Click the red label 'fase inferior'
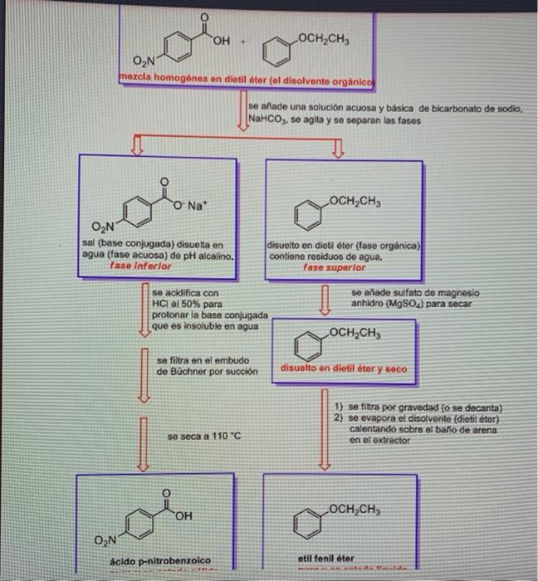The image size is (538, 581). pyautogui.click(x=139, y=267)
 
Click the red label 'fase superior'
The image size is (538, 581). pyautogui.click(x=335, y=268)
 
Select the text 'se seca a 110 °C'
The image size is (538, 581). pyautogui.click(x=203, y=436)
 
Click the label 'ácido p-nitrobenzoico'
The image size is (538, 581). pyautogui.click(x=160, y=560)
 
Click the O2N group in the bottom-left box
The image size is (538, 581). pyautogui.click(x=105, y=542)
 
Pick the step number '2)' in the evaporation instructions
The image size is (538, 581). pyautogui.click(x=339, y=418)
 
